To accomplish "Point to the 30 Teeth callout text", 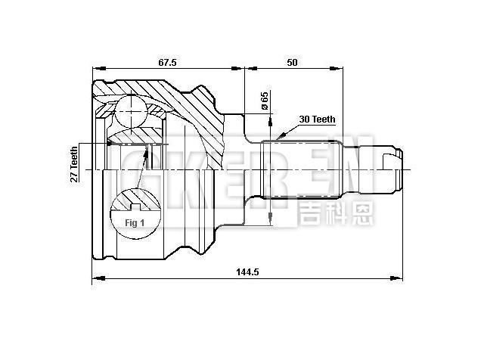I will [317, 119].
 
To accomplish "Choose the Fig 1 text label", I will [133, 224].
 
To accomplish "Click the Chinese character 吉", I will [311, 213].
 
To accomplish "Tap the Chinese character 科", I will [336, 213].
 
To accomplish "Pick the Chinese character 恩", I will [361, 213].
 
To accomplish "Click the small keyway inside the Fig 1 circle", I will [136, 206].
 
